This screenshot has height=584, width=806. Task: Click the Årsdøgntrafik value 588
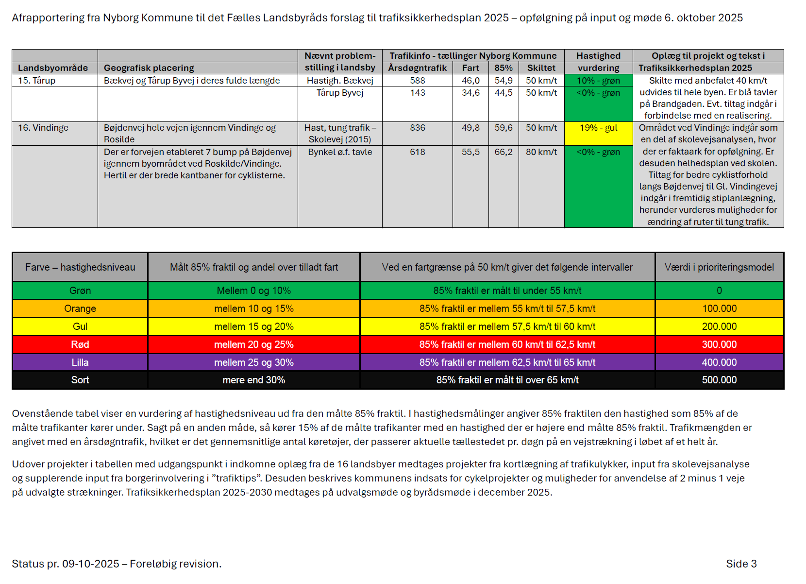[x=417, y=81]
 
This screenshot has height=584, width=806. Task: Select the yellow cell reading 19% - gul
[x=598, y=128]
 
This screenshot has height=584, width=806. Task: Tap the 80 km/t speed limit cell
[x=541, y=152]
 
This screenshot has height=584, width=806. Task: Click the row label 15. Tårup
[x=37, y=81]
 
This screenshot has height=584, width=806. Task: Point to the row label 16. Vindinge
[x=43, y=128]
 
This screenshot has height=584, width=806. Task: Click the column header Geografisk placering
[x=149, y=68]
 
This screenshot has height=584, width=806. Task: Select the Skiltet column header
[x=541, y=68]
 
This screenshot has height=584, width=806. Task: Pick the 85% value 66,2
[x=503, y=152]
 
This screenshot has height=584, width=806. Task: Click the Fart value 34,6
[x=470, y=93]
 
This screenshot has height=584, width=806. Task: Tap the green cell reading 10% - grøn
[x=598, y=81]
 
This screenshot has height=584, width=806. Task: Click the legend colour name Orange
[x=80, y=309]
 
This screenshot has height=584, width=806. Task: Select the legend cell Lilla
[x=80, y=362]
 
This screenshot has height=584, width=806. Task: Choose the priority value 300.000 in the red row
[x=719, y=344]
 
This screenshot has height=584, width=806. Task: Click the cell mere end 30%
[x=253, y=380]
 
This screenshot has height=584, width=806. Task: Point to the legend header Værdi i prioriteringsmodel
[x=719, y=267]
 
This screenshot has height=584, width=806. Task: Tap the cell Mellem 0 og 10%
[x=253, y=291]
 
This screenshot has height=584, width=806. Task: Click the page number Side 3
[x=741, y=564]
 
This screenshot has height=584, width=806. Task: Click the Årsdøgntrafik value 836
[x=417, y=128]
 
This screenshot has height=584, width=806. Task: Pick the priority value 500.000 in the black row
[x=719, y=380]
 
